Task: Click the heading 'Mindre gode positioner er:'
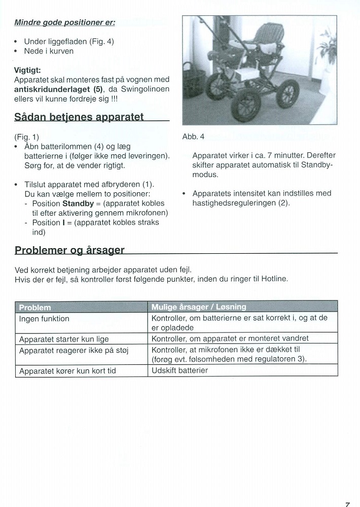[64, 22]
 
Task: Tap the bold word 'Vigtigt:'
[27, 71]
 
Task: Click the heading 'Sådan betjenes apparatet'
[79, 118]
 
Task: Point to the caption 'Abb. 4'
[193, 137]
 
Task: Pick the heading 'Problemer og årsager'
[69, 250]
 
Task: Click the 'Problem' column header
[34, 307]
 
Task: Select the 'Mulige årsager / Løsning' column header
[199, 307]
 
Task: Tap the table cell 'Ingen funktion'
[44, 319]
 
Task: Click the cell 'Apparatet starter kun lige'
[64, 339]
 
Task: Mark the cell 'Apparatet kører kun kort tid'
[67, 371]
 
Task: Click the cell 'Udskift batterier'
[179, 370]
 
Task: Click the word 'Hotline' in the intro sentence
[274, 279]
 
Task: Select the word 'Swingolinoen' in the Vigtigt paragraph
[146, 89]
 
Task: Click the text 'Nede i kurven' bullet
[49, 51]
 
